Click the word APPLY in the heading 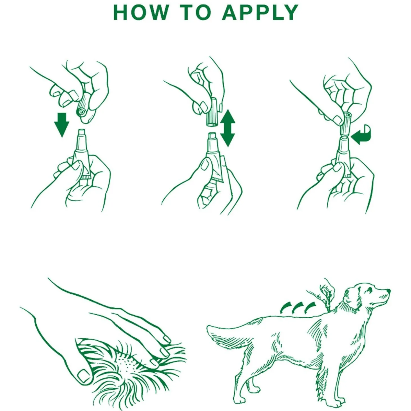click(x=260, y=13)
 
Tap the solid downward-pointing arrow click(x=61, y=124)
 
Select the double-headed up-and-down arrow click(x=227, y=128)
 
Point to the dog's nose click(x=388, y=290)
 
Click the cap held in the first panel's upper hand click(x=83, y=108)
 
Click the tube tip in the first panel click(x=81, y=133)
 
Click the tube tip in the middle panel click(x=211, y=136)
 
